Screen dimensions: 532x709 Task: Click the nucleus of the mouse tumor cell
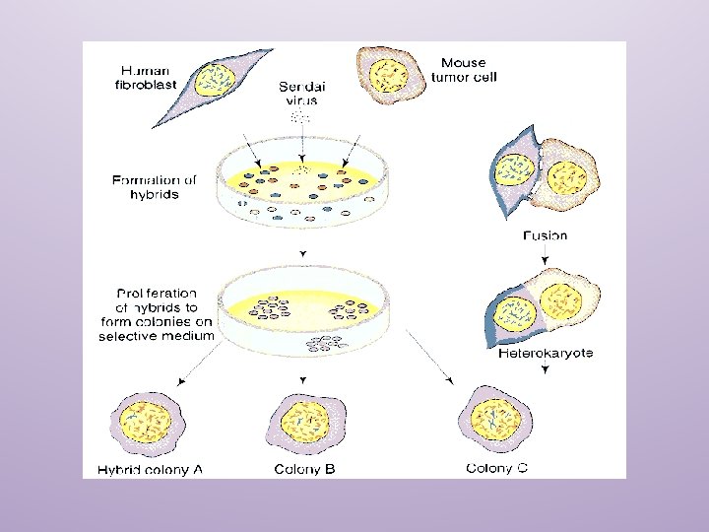pyautogui.click(x=389, y=74)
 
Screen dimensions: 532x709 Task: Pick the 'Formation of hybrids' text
pyautogui.click(x=154, y=187)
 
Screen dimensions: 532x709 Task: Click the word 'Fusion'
pyautogui.click(x=545, y=236)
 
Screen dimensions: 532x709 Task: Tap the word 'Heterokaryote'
pyautogui.click(x=546, y=353)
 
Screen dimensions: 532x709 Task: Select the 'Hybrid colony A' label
pyautogui.click(x=150, y=470)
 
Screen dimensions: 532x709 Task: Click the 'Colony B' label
pyautogui.click(x=304, y=470)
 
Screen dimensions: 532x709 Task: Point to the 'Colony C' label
pyautogui.click(x=496, y=468)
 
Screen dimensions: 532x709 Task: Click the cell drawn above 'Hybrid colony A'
pyautogui.click(x=146, y=422)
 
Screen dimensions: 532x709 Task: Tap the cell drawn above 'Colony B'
pyautogui.click(x=303, y=422)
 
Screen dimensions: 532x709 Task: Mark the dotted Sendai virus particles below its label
pyautogui.click(x=298, y=117)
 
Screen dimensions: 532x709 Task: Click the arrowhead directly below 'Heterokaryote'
pyautogui.click(x=545, y=369)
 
